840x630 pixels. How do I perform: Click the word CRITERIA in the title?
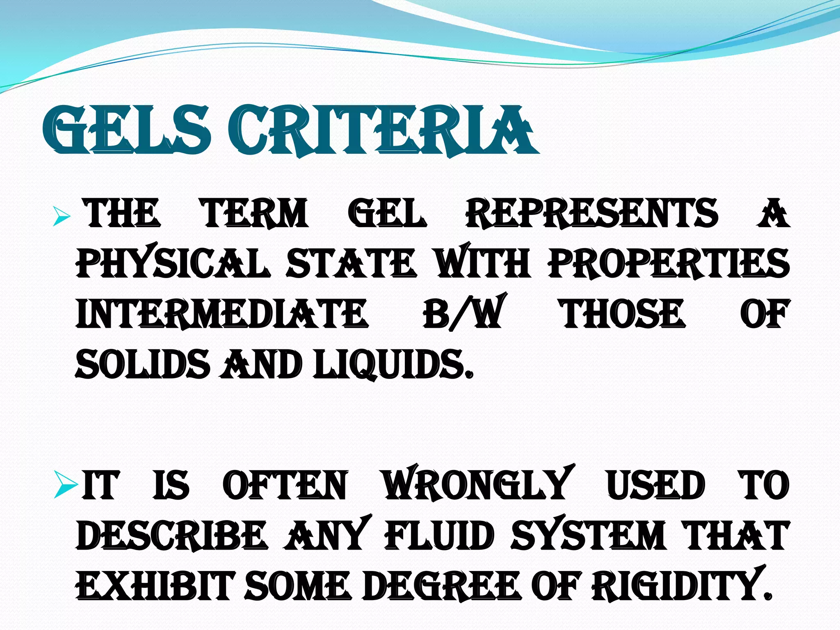click(381, 130)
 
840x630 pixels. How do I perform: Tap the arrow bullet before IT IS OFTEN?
click(66, 486)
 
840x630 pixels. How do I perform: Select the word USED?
click(656, 486)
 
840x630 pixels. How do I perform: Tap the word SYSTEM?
click(588, 536)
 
